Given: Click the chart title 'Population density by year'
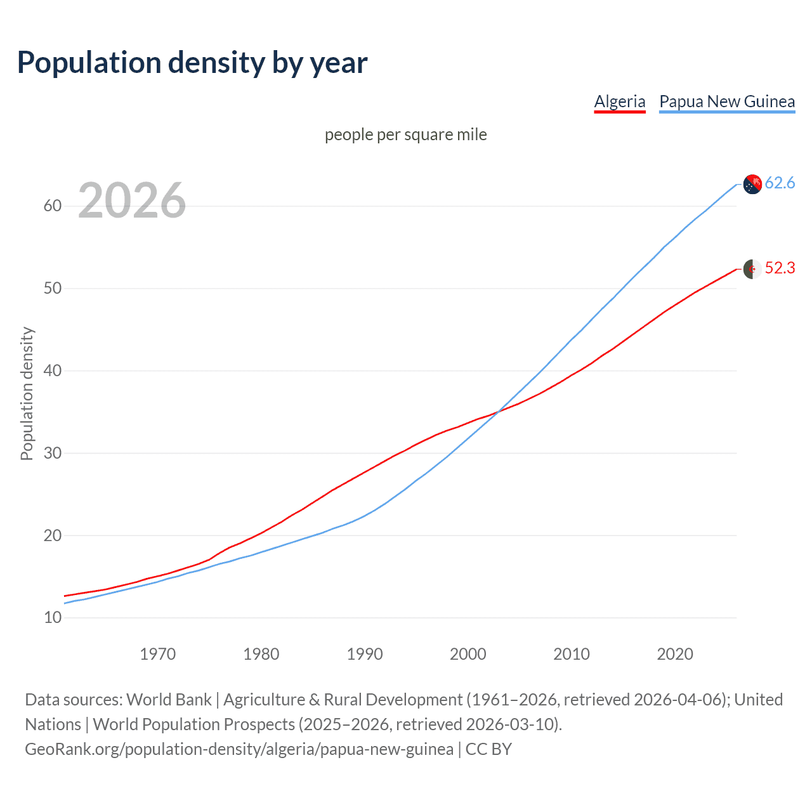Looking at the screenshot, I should (x=192, y=63).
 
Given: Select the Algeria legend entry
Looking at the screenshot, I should (x=619, y=101).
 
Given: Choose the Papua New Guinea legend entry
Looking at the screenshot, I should (x=727, y=101).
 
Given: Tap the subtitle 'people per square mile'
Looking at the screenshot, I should (x=405, y=134).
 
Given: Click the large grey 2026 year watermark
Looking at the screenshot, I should (x=132, y=200).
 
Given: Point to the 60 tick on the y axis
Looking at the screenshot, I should (x=53, y=206).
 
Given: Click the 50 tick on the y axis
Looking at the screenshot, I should (x=53, y=289).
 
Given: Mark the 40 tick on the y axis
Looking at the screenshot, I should (x=53, y=371).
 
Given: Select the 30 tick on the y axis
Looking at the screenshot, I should (x=53, y=454).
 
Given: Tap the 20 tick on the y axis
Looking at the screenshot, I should (x=53, y=536).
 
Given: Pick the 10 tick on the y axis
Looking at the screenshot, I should (x=53, y=618).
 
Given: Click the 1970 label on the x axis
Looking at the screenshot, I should (x=157, y=654).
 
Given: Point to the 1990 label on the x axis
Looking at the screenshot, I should (x=365, y=654).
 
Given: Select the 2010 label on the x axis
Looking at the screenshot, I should (x=572, y=654).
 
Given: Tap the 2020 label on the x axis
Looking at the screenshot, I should (x=675, y=654).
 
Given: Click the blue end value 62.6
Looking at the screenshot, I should (x=780, y=183).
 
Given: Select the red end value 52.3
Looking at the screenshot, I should (x=780, y=268).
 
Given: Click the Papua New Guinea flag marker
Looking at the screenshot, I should (x=752, y=184).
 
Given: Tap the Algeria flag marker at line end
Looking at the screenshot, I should (x=752, y=269).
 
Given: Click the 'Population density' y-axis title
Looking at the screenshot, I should (x=27, y=393).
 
